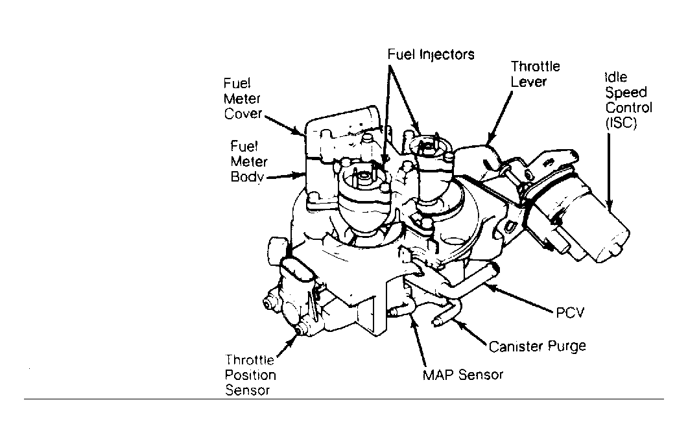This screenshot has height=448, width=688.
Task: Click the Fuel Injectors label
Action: [x=431, y=54]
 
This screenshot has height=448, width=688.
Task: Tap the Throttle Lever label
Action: [x=536, y=74]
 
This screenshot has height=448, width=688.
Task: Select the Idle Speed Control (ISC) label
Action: [x=628, y=100]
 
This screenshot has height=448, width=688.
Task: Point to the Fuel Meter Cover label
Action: [x=243, y=99]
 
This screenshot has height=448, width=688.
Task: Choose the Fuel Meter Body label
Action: [x=249, y=161]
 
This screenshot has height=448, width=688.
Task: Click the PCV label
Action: [x=570, y=312]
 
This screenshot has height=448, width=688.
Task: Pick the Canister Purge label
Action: [x=537, y=346]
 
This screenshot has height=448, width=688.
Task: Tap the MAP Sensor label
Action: [x=462, y=375]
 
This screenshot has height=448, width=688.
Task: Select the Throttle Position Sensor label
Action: [x=250, y=375]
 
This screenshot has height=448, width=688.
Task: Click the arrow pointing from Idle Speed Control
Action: [x=609, y=171]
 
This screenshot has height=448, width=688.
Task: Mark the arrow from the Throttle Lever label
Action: [x=499, y=118]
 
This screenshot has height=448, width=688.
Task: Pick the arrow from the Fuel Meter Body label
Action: [x=285, y=176]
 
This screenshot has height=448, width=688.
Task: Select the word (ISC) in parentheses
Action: [x=621, y=123]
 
